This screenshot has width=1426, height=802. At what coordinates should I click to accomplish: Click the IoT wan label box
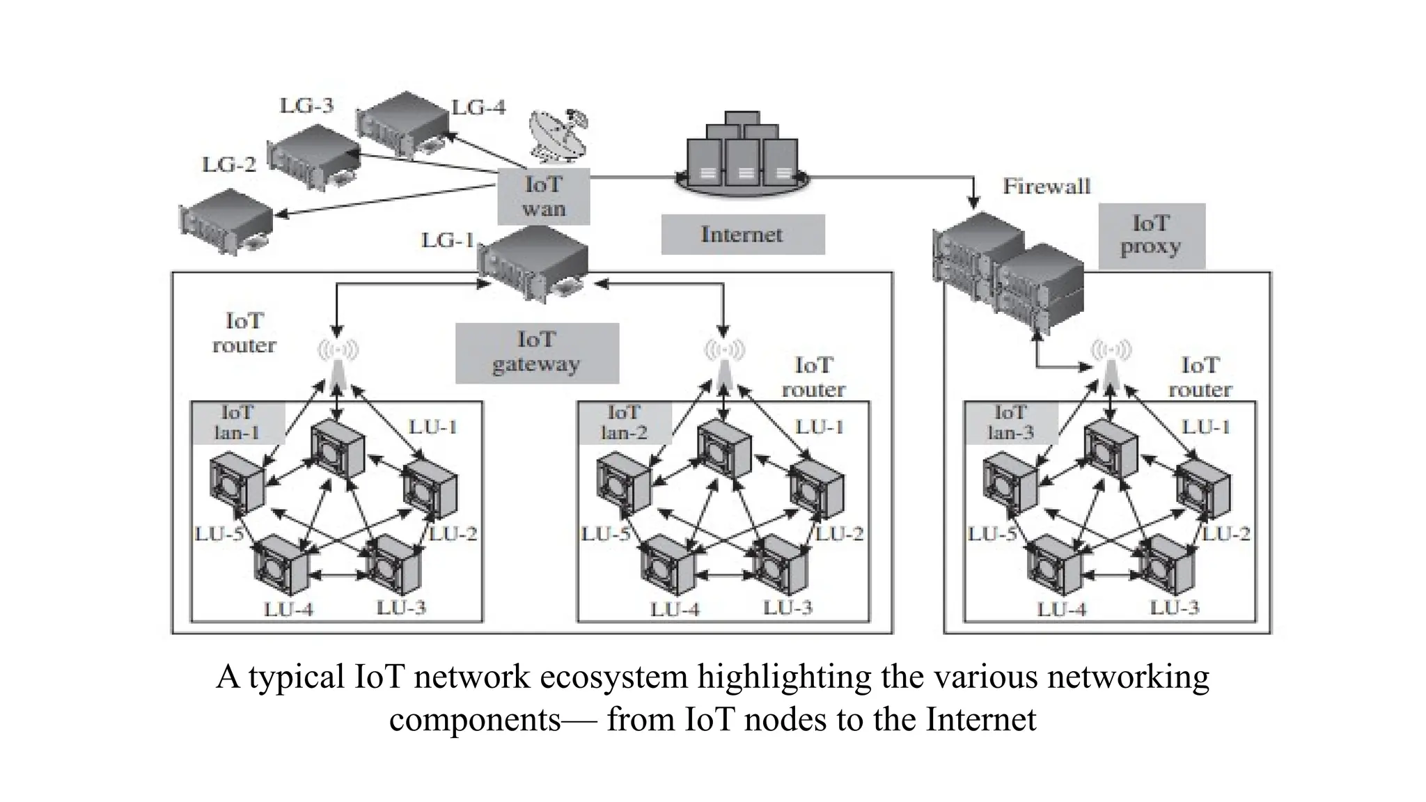(544, 196)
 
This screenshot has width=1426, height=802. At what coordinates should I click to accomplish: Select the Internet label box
(742, 235)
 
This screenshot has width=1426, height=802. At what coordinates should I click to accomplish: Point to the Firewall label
(1046, 187)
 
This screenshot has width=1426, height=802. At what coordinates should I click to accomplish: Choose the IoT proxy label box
(1151, 235)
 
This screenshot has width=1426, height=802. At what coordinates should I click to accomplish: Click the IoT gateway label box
(537, 352)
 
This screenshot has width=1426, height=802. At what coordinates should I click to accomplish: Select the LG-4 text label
(478, 108)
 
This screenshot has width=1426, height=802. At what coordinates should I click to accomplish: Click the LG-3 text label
(306, 106)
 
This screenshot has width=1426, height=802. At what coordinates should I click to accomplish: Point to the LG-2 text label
(229, 165)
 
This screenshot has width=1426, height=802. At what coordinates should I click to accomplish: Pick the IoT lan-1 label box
(237, 423)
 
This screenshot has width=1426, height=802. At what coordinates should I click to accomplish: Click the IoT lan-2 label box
(624, 423)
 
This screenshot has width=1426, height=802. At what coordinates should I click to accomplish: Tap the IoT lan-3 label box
(1010, 423)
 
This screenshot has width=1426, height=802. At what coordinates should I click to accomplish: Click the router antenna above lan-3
(1111, 362)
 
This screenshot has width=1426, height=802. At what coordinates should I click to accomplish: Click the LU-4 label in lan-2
(675, 610)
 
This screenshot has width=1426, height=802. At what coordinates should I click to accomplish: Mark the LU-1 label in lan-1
(432, 427)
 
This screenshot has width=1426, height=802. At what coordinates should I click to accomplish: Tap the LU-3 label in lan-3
(1175, 608)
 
